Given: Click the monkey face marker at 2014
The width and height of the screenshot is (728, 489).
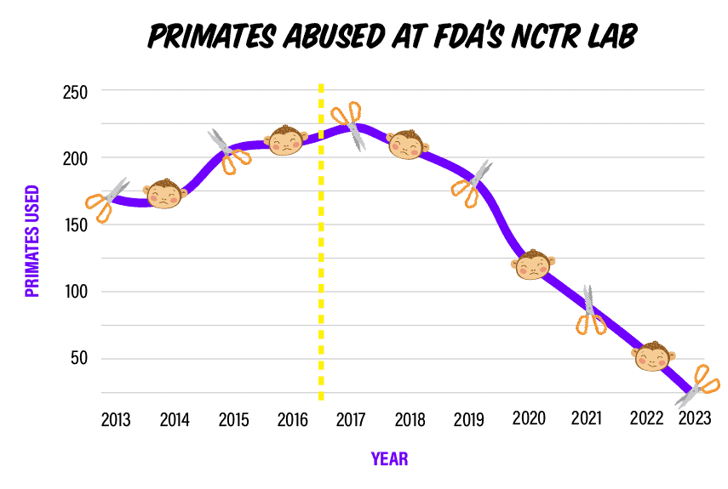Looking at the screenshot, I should point(165,194).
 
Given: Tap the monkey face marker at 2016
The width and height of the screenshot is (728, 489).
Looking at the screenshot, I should point(286,139).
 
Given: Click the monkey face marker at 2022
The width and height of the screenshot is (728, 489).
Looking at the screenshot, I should point(653,355).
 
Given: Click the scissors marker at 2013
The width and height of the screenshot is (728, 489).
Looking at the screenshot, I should point(106,201).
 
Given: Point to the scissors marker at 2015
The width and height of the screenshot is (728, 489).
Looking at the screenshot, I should point(229,151).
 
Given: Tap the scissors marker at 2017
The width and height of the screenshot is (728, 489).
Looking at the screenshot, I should point(349,125).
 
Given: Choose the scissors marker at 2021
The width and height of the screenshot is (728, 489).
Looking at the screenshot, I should point(590,311).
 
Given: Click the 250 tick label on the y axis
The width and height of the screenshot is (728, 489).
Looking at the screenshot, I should point(76,91).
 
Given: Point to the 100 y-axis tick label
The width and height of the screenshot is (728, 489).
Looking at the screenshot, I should point(76,292).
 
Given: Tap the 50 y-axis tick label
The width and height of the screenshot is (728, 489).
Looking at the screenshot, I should point(79,358).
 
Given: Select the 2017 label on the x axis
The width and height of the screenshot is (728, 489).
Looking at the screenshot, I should point(351,420).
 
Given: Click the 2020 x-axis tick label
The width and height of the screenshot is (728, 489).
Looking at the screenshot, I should point(529,418).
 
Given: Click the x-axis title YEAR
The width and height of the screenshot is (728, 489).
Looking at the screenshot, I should point(389,459).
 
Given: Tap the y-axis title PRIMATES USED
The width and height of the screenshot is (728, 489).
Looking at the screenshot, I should point(32,241).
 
